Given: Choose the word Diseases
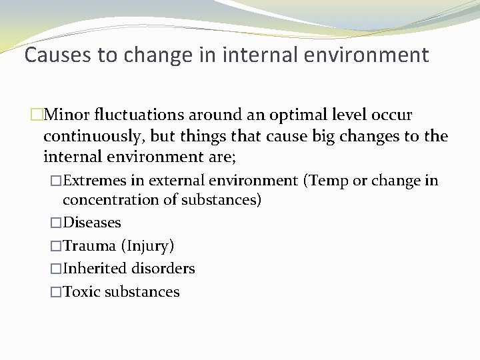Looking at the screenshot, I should click(92, 223).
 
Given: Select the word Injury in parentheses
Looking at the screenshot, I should click(148, 246).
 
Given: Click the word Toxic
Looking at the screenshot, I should click(81, 292).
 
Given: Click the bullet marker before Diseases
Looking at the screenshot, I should click(56, 223).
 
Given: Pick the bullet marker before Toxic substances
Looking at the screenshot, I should click(56, 292).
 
